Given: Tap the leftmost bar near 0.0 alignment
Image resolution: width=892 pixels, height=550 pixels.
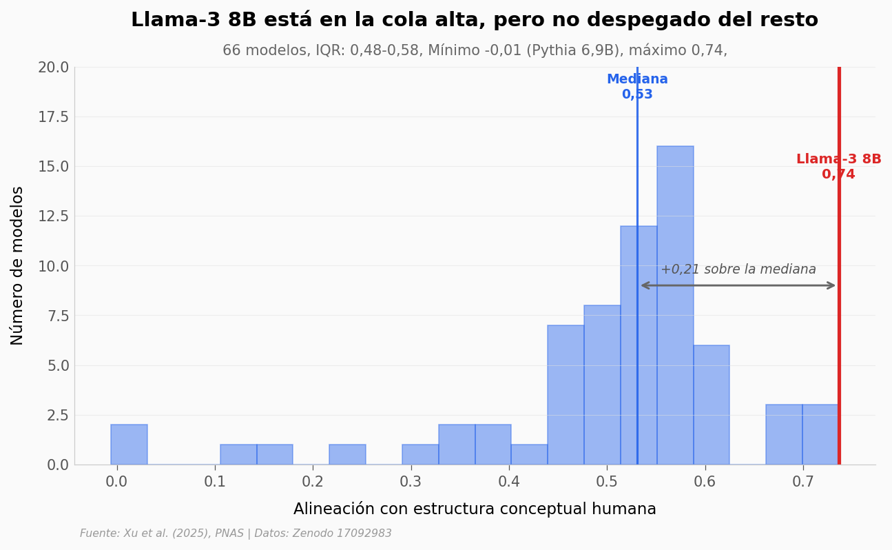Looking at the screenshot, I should coord(129,445).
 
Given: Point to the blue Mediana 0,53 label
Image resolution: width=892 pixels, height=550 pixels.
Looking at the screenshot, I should coord(637,87).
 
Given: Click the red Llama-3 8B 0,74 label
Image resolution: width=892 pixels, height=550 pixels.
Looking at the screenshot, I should coord(838,167).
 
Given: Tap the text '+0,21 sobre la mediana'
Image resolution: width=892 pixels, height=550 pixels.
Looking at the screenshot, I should coord(738,269).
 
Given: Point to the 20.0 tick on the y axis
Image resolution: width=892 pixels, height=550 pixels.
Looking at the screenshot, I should coord(53,68).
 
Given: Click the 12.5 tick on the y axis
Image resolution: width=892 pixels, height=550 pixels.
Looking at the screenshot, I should coord(53,216).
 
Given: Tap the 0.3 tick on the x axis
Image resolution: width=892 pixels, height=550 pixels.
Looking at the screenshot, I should coord(411,482).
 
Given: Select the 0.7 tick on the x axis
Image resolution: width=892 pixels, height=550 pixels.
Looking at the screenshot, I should coord(802,482).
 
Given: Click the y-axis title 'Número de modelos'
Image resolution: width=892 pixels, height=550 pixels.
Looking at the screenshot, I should coord(18,265).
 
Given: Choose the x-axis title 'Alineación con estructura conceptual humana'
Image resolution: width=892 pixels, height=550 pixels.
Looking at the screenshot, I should coord(475,509).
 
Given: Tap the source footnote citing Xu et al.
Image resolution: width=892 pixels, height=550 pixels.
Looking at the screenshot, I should coord(236,533).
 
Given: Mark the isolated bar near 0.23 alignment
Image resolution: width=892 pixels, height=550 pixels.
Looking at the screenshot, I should coord(347,454).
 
